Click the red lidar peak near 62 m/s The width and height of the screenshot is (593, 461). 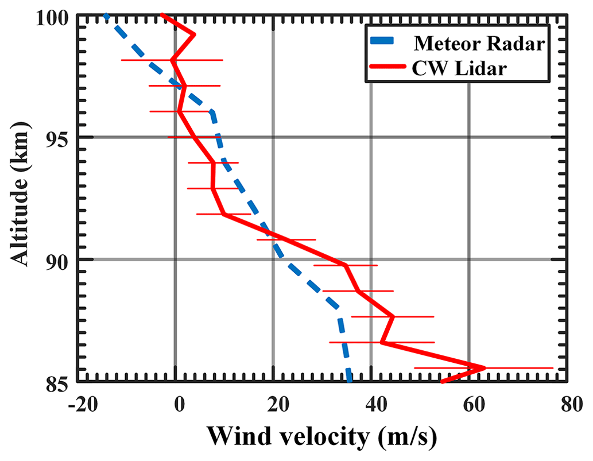(484, 367)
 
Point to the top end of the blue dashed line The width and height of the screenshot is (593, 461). (106, 17)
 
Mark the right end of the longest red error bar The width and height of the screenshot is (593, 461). (553, 367)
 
